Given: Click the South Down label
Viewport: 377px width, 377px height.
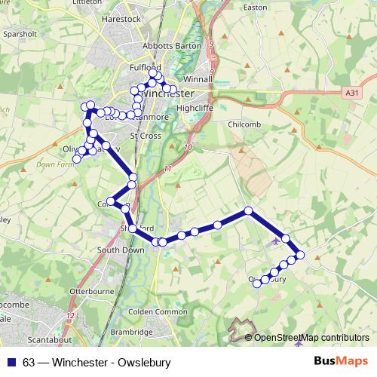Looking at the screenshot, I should tap(121, 250).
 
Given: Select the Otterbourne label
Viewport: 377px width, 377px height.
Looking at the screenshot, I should tap(90, 290).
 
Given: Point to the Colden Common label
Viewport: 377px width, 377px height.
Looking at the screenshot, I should tap(160, 311).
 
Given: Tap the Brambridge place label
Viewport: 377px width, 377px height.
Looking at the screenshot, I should tap(132, 331).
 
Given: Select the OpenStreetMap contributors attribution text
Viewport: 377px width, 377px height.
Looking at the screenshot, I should tap(311, 338).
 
